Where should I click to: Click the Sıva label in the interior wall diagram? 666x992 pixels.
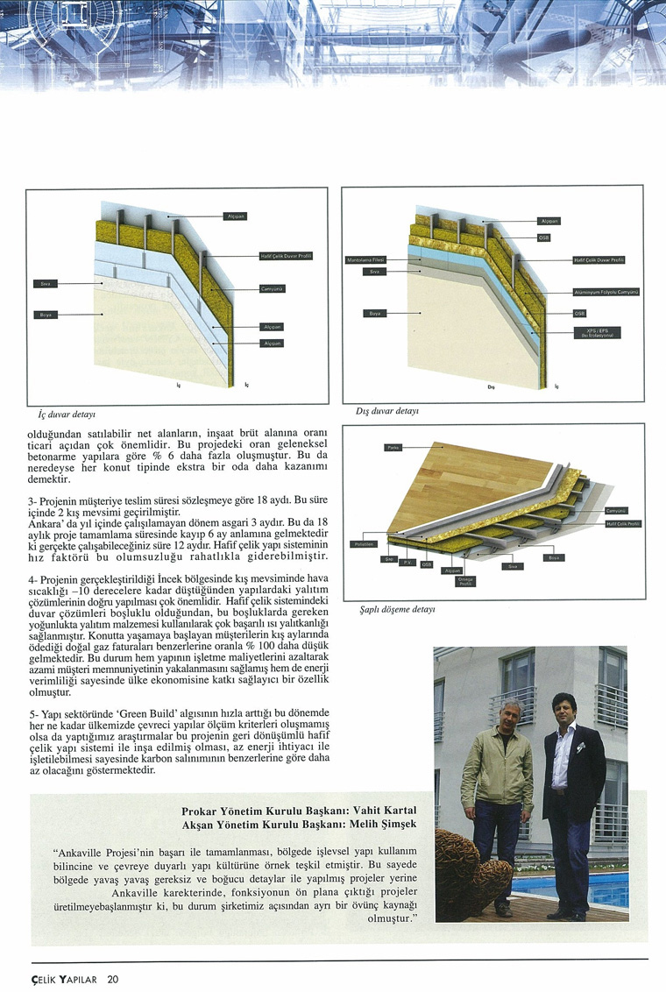tap(45, 284)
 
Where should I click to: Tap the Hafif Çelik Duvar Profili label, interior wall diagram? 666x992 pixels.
tap(286, 256)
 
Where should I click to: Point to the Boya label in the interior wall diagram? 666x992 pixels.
tap(45, 315)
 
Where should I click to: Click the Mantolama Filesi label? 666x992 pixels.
tap(366, 260)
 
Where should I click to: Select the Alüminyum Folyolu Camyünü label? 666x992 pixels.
tap(606, 292)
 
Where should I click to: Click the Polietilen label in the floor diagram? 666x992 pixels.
tap(364, 544)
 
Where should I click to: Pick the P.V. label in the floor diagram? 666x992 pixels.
tap(407, 563)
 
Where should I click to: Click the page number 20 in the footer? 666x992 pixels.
tap(114, 979)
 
